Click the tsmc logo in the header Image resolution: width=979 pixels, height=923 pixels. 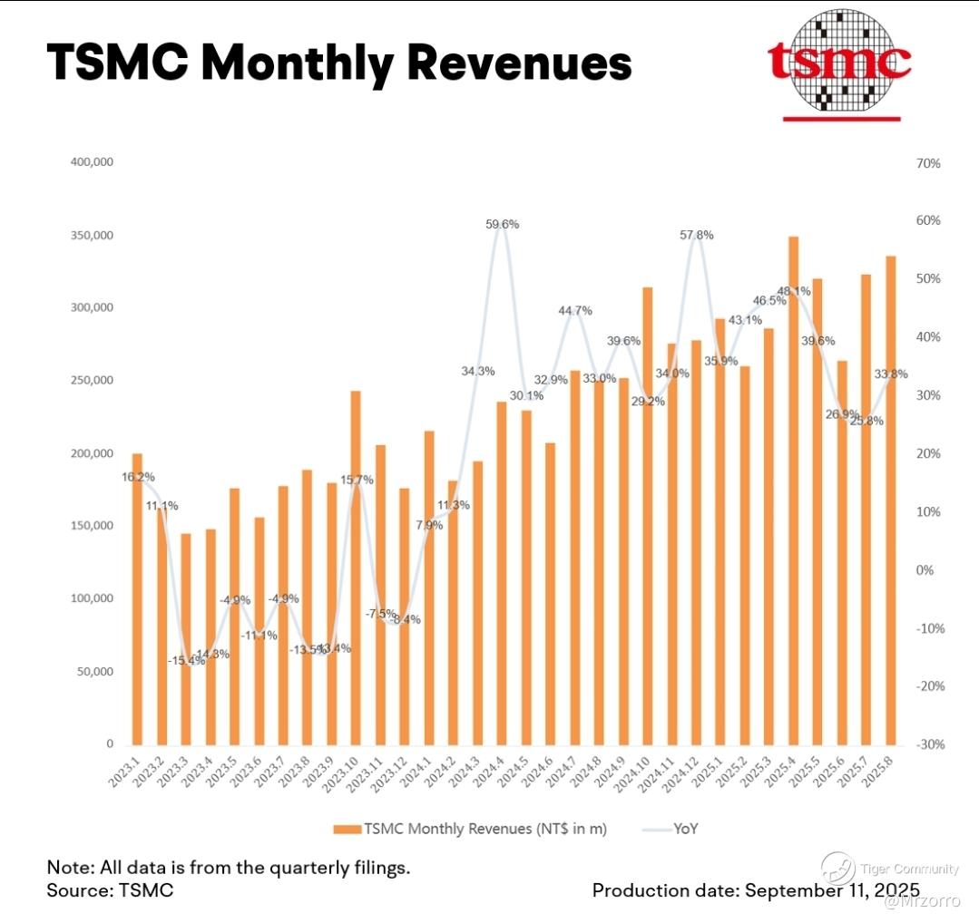pyautogui.click(x=838, y=63)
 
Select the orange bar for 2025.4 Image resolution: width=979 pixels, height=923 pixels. pyautogui.click(x=793, y=490)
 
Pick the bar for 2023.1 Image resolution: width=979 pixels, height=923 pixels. pyautogui.click(x=137, y=598)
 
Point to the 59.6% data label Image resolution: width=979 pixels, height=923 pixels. pyautogui.click(x=502, y=224)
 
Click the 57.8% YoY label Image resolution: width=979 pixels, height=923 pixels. pyautogui.click(x=696, y=235)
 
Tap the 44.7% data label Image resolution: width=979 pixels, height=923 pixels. pyautogui.click(x=574, y=310)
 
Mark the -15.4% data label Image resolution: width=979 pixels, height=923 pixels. pyautogui.click(x=185, y=660)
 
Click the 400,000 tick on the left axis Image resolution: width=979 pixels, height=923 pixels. pyautogui.click(x=90, y=162)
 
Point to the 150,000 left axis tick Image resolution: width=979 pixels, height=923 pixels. pyautogui.click(x=90, y=526)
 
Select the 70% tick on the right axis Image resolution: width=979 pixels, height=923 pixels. pyautogui.click(x=928, y=163)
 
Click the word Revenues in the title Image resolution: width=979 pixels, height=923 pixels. pyautogui.click(x=519, y=63)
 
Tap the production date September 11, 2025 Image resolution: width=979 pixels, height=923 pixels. pyautogui.click(x=832, y=889)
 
